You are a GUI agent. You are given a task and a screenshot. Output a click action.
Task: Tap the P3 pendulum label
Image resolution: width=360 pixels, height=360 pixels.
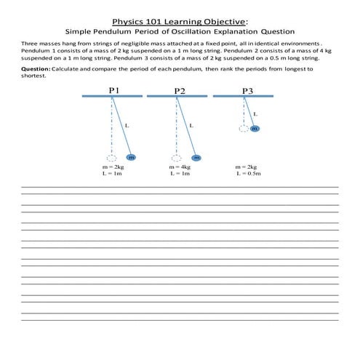[x=248, y=90]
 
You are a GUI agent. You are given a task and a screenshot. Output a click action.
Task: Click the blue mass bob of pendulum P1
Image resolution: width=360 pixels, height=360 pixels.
[x=132, y=157]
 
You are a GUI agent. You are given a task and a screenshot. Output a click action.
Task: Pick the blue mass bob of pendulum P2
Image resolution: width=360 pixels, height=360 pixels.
[x=196, y=157]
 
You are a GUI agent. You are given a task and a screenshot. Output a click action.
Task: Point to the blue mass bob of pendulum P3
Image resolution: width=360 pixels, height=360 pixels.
[x=255, y=129]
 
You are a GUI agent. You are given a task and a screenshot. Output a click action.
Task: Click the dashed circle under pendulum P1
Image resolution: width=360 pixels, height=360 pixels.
[x=111, y=157]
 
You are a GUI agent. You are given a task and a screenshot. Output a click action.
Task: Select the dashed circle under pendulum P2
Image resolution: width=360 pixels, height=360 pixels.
[x=176, y=157]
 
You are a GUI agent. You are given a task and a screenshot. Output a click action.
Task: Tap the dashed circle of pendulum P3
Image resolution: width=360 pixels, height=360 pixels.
[x=242, y=129]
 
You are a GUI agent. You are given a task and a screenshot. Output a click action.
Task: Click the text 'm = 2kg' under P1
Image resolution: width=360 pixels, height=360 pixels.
[x=113, y=167]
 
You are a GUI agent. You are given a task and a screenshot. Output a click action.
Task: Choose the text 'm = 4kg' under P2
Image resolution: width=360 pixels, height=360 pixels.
[x=180, y=167]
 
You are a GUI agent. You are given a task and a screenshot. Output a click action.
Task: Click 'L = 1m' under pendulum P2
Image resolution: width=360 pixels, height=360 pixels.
[x=180, y=175]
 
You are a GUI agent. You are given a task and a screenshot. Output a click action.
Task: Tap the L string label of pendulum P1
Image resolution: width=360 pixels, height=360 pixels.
[x=127, y=125]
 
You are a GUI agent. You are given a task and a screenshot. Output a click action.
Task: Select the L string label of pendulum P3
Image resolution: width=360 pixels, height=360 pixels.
[x=255, y=113]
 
